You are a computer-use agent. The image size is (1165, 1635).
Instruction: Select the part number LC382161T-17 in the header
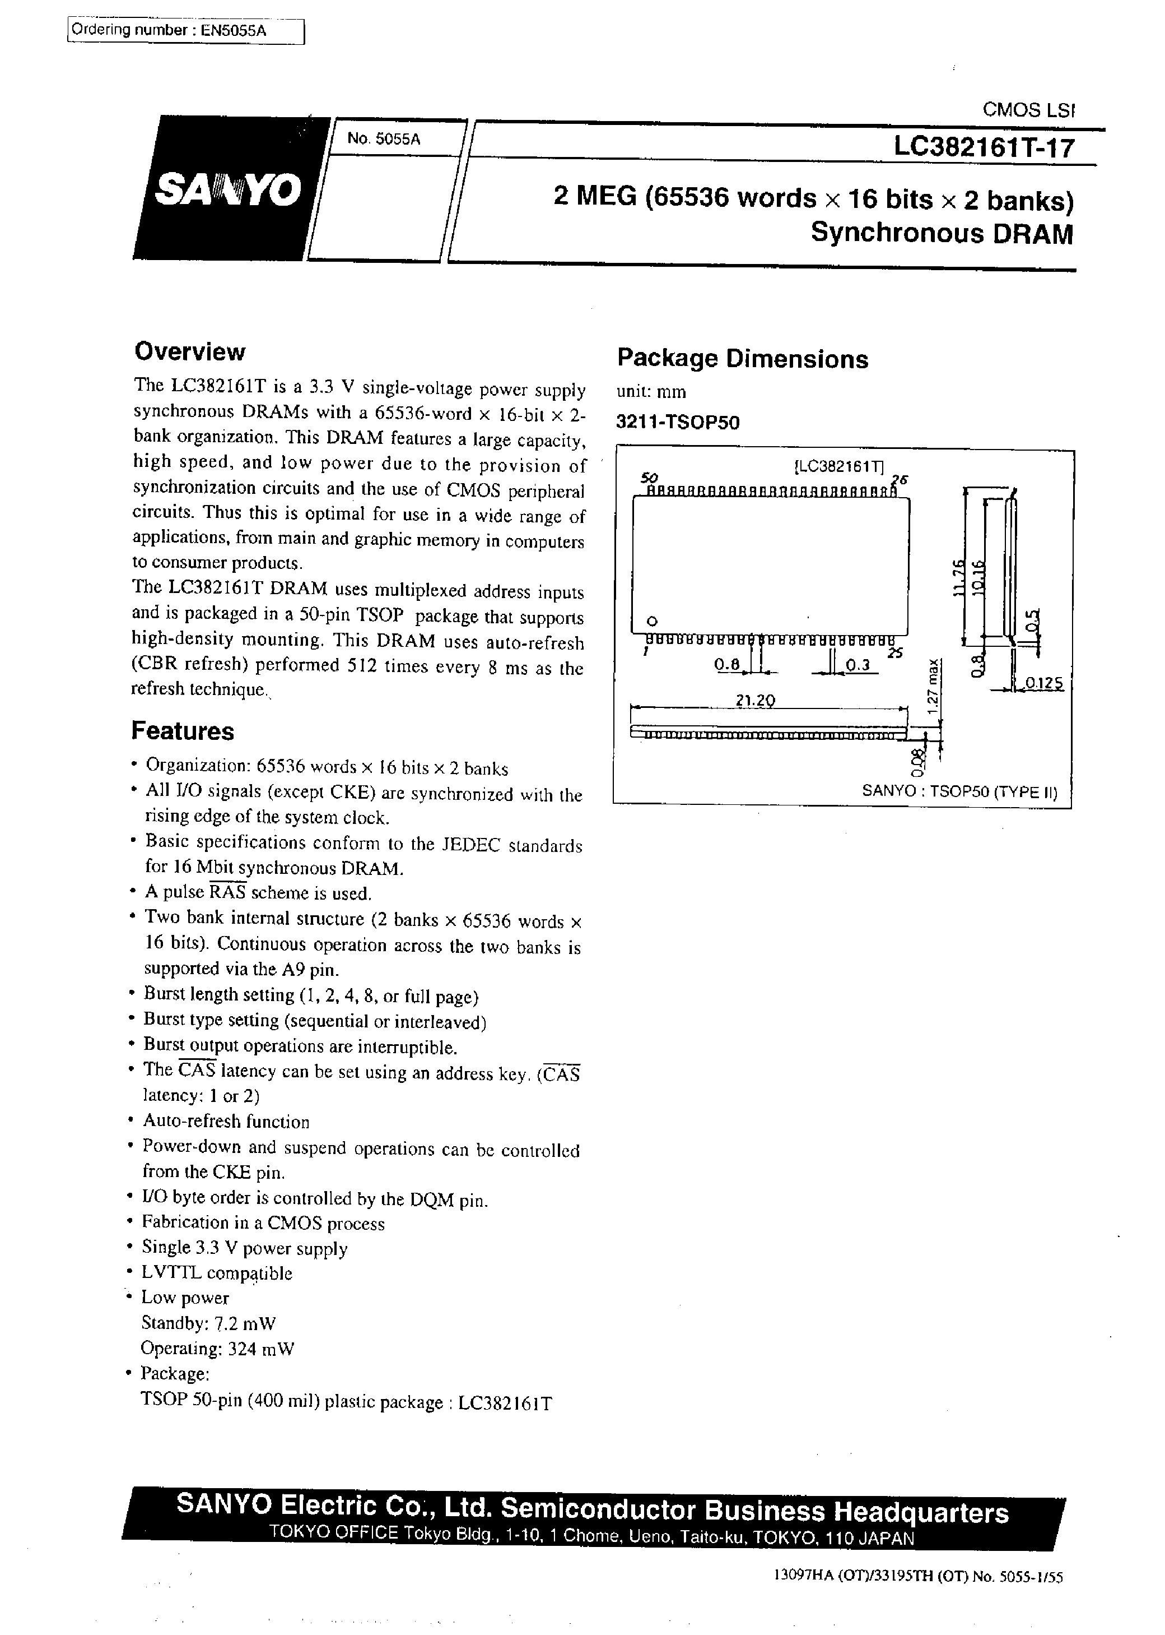[x=984, y=148]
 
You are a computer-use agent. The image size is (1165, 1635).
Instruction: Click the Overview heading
[x=189, y=351]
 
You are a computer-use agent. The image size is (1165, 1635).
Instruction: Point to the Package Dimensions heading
[x=743, y=359]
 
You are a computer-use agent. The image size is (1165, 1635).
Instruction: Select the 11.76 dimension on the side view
[x=956, y=578]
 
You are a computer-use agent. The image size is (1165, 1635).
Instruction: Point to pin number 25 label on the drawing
[x=894, y=653]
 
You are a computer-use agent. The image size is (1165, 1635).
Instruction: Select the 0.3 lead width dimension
[x=858, y=666]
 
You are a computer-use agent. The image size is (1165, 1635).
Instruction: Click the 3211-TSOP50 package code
[x=677, y=422]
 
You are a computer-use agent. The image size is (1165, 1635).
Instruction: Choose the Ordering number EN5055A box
[x=186, y=31]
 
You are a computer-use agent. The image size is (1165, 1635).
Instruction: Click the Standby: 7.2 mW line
[x=208, y=1323]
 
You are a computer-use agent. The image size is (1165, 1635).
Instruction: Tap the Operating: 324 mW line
[x=217, y=1348]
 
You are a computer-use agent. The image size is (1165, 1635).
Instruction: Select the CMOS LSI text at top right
[x=1028, y=110]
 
